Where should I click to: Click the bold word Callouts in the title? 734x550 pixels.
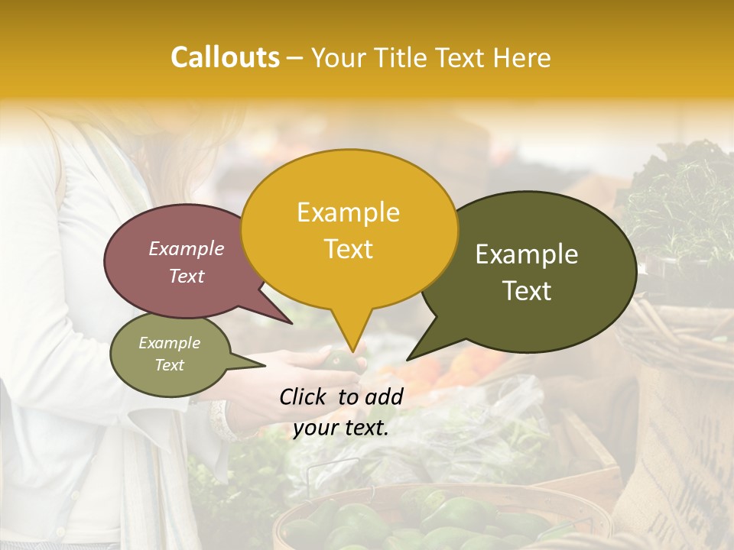pyautogui.click(x=225, y=58)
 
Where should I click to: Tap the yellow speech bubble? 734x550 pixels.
pyautogui.click(x=349, y=229)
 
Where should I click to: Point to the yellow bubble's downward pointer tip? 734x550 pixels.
pyautogui.click(x=352, y=351)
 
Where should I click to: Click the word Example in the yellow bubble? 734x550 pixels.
pyautogui.click(x=348, y=212)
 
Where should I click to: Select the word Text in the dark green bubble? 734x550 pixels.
pyautogui.click(x=528, y=291)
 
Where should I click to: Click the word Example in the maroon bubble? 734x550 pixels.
pyautogui.click(x=187, y=249)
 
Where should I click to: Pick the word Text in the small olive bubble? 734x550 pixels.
pyautogui.click(x=170, y=365)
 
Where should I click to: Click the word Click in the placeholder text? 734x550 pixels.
pyautogui.click(x=304, y=397)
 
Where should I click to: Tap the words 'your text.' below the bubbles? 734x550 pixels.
pyautogui.click(x=341, y=429)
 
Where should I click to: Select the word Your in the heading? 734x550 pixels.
pyautogui.click(x=339, y=58)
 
